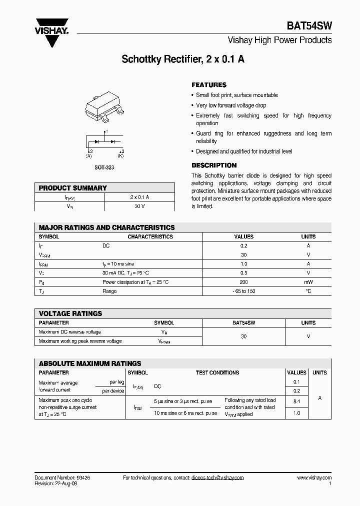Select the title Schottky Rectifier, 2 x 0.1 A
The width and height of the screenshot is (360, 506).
coord(183,59)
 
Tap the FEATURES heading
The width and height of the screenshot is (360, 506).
coord(209,85)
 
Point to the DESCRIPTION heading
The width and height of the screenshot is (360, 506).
coord(214,165)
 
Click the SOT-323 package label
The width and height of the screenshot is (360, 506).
coord(104,167)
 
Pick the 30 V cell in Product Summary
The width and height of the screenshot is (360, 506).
coord(139,206)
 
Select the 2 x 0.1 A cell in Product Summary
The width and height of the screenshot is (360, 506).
coord(139,197)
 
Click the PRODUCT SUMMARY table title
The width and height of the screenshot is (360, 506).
coord(73,188)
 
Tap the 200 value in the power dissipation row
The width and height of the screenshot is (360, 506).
coord(244,282)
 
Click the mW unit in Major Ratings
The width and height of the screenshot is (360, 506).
coord(308,282)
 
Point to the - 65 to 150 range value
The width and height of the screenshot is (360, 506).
coord(244,291)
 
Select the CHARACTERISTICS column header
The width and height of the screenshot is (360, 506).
coord(150,236)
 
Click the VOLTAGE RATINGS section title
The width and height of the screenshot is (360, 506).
coord(70,313)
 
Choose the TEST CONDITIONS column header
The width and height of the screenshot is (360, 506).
coord(217,372)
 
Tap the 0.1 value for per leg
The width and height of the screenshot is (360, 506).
coord(296,382)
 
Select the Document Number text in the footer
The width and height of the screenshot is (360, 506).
coord(62,478)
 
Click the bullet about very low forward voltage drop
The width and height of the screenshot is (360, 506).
coord(230,105)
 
